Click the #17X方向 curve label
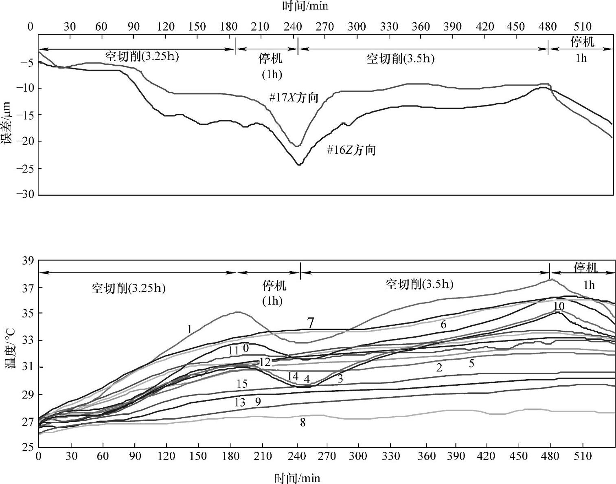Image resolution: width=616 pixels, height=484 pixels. (293, 98)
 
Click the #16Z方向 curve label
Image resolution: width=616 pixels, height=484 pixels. (351, 150)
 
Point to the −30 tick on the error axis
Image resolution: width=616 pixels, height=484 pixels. (25, 194)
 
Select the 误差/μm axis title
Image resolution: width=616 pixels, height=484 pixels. (7, 123)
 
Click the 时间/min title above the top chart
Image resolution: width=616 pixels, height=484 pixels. (305, 6)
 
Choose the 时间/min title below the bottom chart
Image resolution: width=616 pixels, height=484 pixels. (297, 477)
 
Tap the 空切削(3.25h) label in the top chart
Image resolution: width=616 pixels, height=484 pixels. (142, 56)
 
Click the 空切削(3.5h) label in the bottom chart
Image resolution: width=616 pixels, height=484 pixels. (419, 284)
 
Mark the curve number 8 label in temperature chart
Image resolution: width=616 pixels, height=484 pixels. (303, 423)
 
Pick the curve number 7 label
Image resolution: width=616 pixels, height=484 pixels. (310, 323)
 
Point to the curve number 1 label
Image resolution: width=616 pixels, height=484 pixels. (189, 329)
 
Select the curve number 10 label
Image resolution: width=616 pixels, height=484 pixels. (559, 306)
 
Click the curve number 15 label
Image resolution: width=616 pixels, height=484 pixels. (242, 384)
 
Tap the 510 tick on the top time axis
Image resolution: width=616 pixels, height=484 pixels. (582, 27)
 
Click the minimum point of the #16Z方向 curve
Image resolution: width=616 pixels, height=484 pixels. (299, 164)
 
